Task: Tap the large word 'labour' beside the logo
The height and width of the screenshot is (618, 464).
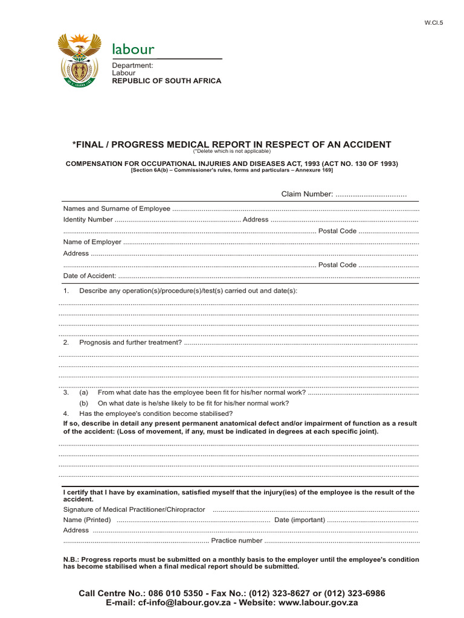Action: (x=133, y=49)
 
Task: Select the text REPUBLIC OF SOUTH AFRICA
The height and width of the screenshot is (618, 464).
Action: (x=167, y=81)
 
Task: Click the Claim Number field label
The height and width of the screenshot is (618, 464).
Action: (x=307, y=194)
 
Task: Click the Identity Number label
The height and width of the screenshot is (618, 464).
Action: (x=88, y=220)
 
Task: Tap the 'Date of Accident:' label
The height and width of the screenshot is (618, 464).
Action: (x=89, y=276)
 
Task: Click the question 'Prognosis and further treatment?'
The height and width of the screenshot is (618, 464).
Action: (x=130, y=342)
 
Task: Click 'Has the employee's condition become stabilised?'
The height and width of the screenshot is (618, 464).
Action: (x=156, y=413)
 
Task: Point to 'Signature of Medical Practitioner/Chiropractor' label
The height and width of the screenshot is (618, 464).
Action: (x=134, y=509)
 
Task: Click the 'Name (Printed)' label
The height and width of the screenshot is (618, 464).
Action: (x=87, y=520)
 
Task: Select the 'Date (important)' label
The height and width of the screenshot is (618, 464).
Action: (x=300, y=520)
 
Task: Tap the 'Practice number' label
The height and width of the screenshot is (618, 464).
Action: (x=237, y=541)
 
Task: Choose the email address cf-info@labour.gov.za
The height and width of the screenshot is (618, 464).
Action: (x=185, y=602)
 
